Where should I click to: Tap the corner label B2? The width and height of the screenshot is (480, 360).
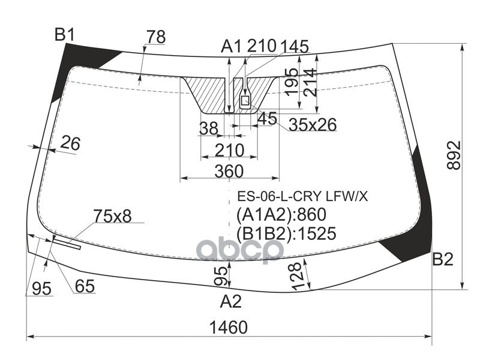click(442, 259)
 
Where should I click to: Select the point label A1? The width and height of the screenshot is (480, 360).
click(232, 47)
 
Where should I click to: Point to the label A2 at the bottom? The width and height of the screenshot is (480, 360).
click(231, 301)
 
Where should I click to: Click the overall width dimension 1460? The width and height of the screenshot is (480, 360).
click(229, 327)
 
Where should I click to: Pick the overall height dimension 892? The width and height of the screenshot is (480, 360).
click(454, 155)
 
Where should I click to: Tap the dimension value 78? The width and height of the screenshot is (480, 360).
click(156, 37)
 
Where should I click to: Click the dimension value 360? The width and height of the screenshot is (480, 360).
click(229, 171)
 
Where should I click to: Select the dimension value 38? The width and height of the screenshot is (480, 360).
click(208, 128)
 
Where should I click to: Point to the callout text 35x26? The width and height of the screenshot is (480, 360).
click(313, 125)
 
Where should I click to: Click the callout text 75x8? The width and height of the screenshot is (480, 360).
click(112, 216)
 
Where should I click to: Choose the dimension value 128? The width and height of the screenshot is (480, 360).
click(297, 276)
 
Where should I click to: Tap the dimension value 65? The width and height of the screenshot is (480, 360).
click(85, 287)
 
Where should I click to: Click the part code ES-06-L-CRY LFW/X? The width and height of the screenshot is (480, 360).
click(302, 196)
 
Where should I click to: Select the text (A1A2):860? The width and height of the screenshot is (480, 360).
click(281, 215)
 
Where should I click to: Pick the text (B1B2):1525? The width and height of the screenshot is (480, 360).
click(286, 233)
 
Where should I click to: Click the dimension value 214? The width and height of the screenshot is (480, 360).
click(310, 82)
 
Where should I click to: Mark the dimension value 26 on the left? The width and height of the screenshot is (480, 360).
click(70, 143)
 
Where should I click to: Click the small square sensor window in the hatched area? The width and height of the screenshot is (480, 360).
click(245, 100)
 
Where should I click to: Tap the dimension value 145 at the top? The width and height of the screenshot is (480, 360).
click(294, 47)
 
